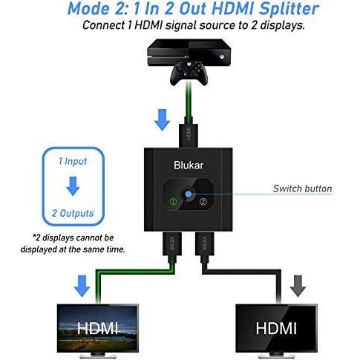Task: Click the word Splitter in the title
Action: (x=289, y=9)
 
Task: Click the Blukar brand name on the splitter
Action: (x=189, y=165)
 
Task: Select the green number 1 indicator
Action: (x=173, y=201)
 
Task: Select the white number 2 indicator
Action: (x=203, y=202)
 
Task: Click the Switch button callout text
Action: (x=302, y=189)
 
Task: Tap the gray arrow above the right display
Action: (x=298, y=286)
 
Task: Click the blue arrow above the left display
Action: (x=82, y=286)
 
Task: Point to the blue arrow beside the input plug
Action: (x=162, y=120)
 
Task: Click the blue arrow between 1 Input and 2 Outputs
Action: (x=73, y=186)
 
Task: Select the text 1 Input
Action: (x=73, y=161)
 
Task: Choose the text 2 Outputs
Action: (x=73, y=213)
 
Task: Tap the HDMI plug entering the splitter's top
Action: (x=189, y=136)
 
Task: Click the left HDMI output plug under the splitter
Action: (x=172, y=244)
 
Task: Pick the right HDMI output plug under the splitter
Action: (x=204, y=244)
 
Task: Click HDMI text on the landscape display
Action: (x=97, y=328)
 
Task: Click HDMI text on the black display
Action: (x=276, y=328)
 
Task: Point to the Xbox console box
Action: (x=189, y=53)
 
